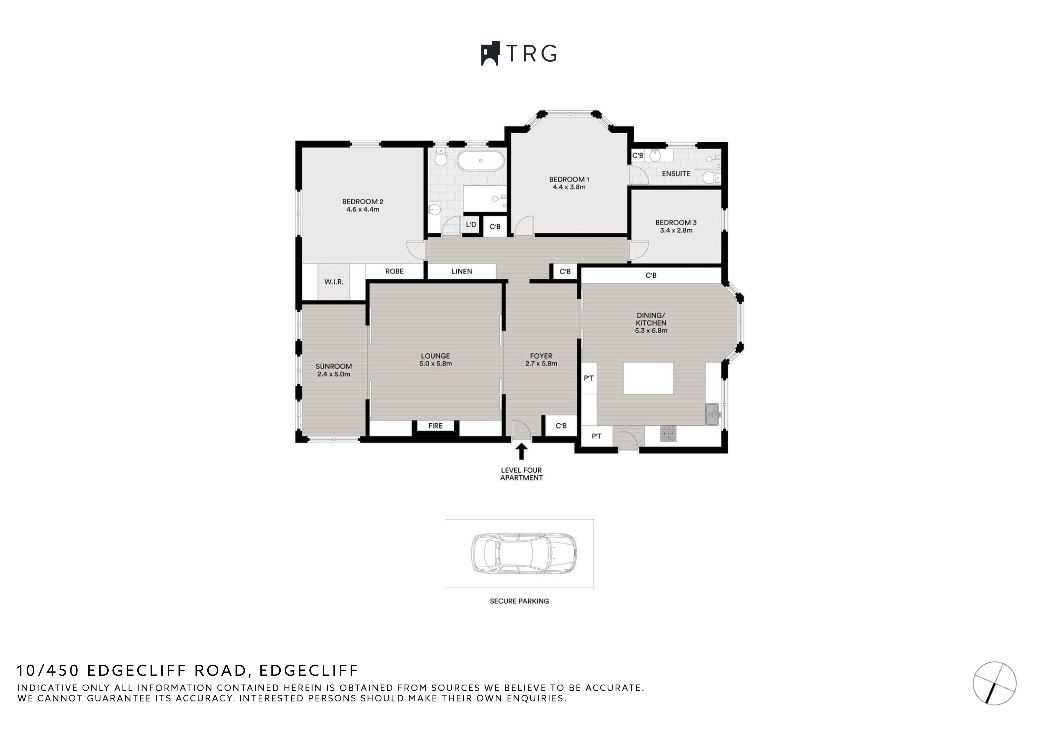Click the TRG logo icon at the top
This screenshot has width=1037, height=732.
tap(490, 54)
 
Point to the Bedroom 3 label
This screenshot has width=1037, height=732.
tap(676, 222)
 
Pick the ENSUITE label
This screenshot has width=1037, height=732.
tap(676, 174)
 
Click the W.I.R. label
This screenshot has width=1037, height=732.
tap(334, 282)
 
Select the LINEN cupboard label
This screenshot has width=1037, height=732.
tap(461, 271)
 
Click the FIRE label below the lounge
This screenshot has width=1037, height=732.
tap(435, 426)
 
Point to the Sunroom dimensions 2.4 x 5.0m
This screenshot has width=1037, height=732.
tap(333, 374)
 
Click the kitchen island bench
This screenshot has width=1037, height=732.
tap(648, 378)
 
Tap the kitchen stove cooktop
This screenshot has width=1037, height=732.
tap(668, 433)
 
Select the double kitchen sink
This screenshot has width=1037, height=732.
tap(712, 414)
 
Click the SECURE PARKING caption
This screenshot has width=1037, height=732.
tap(519, 601)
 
